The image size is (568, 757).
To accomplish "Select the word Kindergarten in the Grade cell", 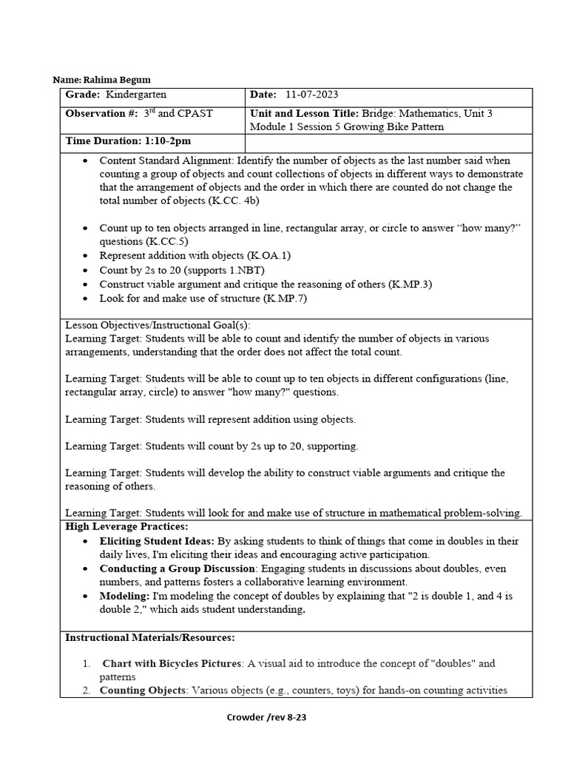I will click(x=136, y=95).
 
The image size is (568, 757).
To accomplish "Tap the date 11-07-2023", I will click(x=310, y=95).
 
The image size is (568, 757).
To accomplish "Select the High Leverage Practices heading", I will click(x=126, y=526).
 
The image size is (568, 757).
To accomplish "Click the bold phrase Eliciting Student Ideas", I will click(x=158, y=541).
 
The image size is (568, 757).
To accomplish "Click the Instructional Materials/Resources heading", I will click(x=150, y=637).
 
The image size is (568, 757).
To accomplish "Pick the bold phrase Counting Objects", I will click(x=143, y=690).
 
